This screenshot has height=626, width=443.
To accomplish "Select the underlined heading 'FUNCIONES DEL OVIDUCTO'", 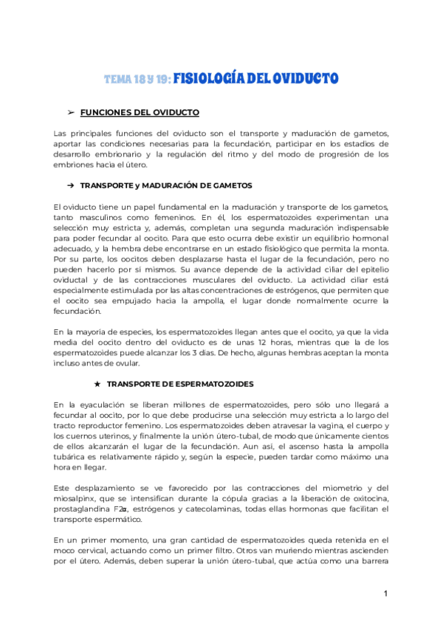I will tap(139, 112).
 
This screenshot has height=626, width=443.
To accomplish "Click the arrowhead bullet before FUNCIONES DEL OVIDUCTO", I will tap(71, 112).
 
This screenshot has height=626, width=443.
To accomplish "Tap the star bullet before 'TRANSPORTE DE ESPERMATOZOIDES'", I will tap(97, 385).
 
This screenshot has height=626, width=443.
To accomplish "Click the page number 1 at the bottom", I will tap(385, 594).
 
